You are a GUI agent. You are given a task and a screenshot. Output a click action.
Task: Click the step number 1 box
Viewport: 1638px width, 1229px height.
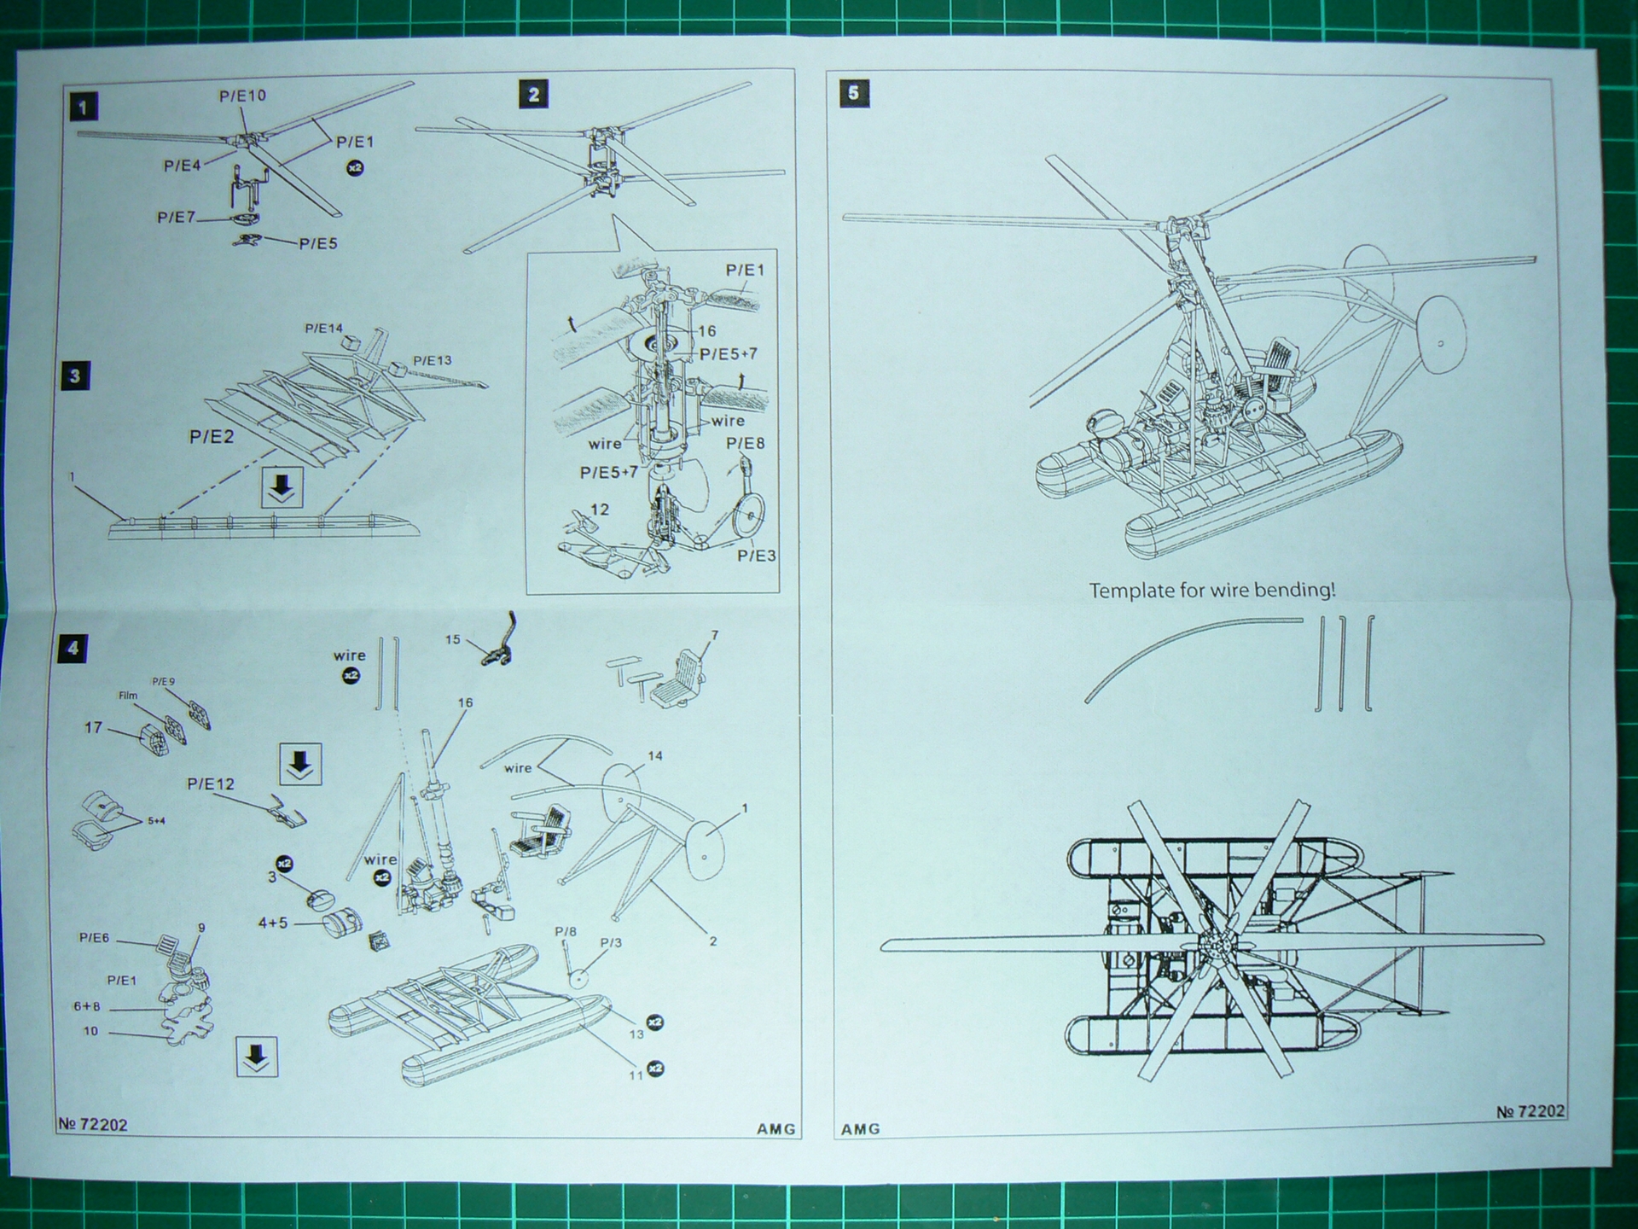tap(83, 108)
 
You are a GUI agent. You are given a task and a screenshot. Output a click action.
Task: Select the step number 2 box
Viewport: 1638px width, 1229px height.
tap(533, 94)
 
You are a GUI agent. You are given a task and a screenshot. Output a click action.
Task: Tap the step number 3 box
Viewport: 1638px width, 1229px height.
tap(75, 376)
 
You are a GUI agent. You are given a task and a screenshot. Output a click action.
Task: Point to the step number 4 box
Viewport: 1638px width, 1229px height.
tap(73, 649)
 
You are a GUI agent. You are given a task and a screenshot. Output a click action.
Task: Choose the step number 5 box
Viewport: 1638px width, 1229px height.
tap(854, 92)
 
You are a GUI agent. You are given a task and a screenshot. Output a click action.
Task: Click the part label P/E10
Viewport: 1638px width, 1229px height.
tap(242, 96)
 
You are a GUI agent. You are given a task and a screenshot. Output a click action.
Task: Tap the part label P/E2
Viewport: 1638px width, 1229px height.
tap(211, 437)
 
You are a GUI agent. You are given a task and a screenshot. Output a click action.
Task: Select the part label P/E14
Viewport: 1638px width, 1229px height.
tap(323, 329)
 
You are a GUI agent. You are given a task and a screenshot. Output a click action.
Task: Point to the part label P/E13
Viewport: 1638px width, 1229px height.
tap(432, 360)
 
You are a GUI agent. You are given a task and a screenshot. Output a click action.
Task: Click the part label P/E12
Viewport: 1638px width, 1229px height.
tap(211, 783)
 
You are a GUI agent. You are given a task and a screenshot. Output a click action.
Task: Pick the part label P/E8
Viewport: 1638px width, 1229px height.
tap(745, 443)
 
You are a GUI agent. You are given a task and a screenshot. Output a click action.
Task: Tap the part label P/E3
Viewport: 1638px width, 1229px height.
tap(756, 556)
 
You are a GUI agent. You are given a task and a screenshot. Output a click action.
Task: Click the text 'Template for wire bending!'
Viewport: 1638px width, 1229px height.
tap(1211, 590)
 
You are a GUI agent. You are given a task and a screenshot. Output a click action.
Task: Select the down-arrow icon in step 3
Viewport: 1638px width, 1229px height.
tap(282, 487)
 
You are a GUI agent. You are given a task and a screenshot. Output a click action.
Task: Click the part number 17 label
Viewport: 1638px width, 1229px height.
tap(93, 727)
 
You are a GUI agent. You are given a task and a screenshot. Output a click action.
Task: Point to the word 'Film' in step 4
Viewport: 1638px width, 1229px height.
tap(127, 696)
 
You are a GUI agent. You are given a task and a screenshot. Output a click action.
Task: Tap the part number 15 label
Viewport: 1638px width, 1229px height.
tap(452, 639)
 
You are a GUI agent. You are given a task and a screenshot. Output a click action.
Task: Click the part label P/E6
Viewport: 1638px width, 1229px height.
tap(94, 938)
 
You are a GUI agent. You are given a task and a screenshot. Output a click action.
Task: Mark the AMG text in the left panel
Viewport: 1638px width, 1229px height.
tap(775, 1128)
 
